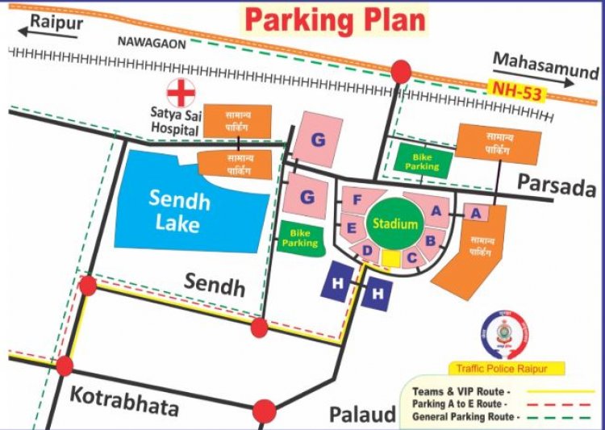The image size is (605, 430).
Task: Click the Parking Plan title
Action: point(335,19)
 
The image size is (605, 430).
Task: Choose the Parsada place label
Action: point(556,186)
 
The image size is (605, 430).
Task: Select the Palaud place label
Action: point(363,414)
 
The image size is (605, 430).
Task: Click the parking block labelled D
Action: point(367,252)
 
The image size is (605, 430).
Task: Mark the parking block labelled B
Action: point(431,240)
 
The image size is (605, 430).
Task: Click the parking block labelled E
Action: point(353,228)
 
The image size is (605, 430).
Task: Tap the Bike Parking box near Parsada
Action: point(422,161)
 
